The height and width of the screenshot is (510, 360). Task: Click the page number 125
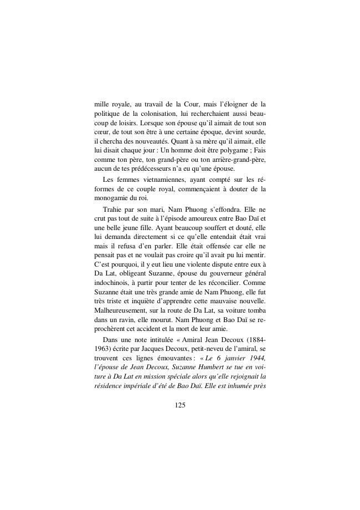pos(179,405)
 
